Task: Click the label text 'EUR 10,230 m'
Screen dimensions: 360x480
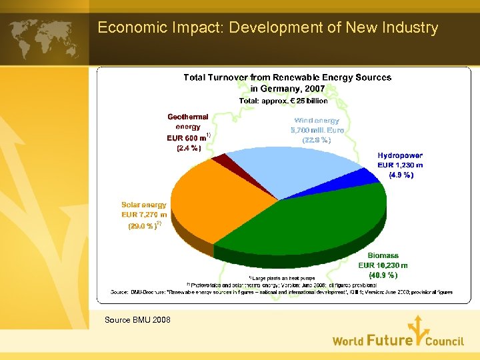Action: pyautogui.click(x=383, y=265)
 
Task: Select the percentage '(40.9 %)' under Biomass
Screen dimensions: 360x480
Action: pyautogui.click(x=383, y=274)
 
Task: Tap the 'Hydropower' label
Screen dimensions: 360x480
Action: pyautogui.click(x=400, y=155)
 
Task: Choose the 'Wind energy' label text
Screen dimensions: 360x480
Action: pyautogui.click(x=317, y=121)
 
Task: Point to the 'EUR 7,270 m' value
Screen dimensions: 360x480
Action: pyautogui.click(x=144, y=215)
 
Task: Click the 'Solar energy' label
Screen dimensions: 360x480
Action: pyautogui.click(x=144, y=205)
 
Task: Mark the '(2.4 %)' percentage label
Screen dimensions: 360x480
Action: pyautogui.click(x=189, y=149)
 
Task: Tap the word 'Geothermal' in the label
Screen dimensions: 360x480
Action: pyautogui.click(x=188, y=116)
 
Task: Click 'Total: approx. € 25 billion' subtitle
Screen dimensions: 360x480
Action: pyautogui.click(x=284, y=101)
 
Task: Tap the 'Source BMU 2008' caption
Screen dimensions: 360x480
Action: pyautogui.click(x=137, y=320)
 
